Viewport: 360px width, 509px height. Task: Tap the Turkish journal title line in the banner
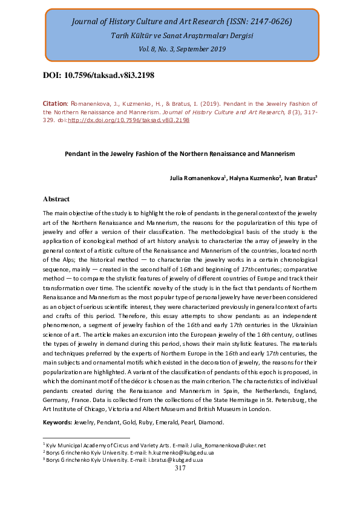point(182,36)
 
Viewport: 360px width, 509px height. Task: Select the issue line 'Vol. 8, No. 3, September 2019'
point(182,49)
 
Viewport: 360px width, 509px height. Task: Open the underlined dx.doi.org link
point(128,120)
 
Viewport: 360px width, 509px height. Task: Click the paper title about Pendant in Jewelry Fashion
point(180,154)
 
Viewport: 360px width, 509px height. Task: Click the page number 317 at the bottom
point(180,468)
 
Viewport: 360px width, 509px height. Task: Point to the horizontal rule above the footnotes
point(87,438)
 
